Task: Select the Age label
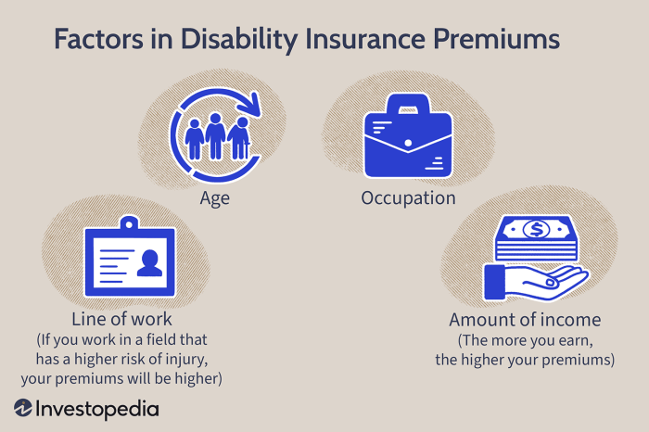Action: click(x=215, y=198)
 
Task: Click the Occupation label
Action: click(x=408, y=198)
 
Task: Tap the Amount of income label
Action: click(x=525, y=320)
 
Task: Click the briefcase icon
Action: click(x=407, y=144)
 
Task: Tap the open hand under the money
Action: click(x=538, y=281)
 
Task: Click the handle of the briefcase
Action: click(x=407, y=109)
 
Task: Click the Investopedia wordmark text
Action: click(x=98, y=409)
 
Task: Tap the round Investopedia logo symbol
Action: click(x=24, y=409)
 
